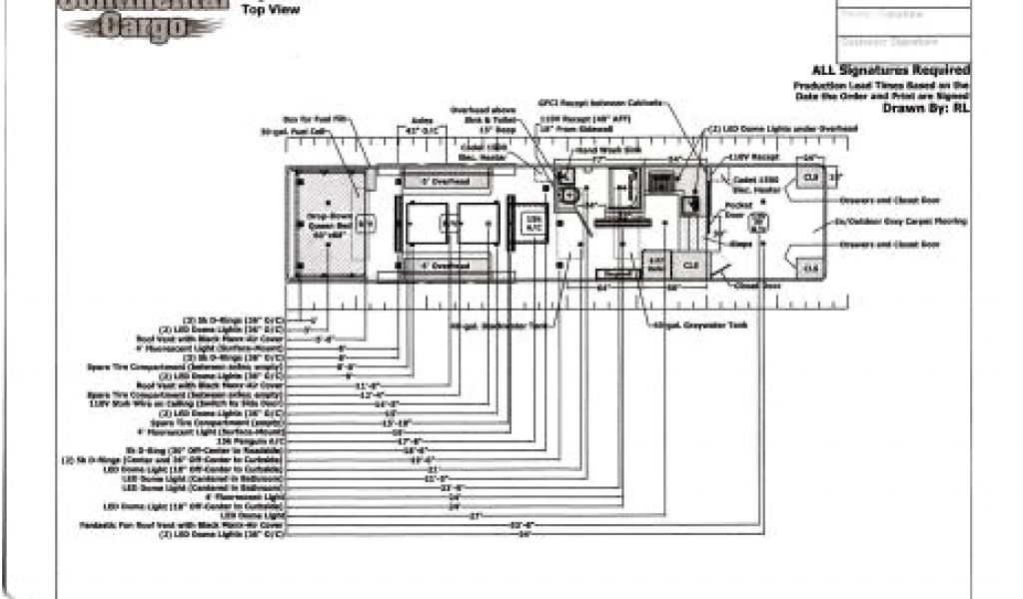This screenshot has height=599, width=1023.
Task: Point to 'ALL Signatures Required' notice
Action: pos(890,70)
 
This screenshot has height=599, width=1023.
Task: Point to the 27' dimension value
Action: pos(476,515)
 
